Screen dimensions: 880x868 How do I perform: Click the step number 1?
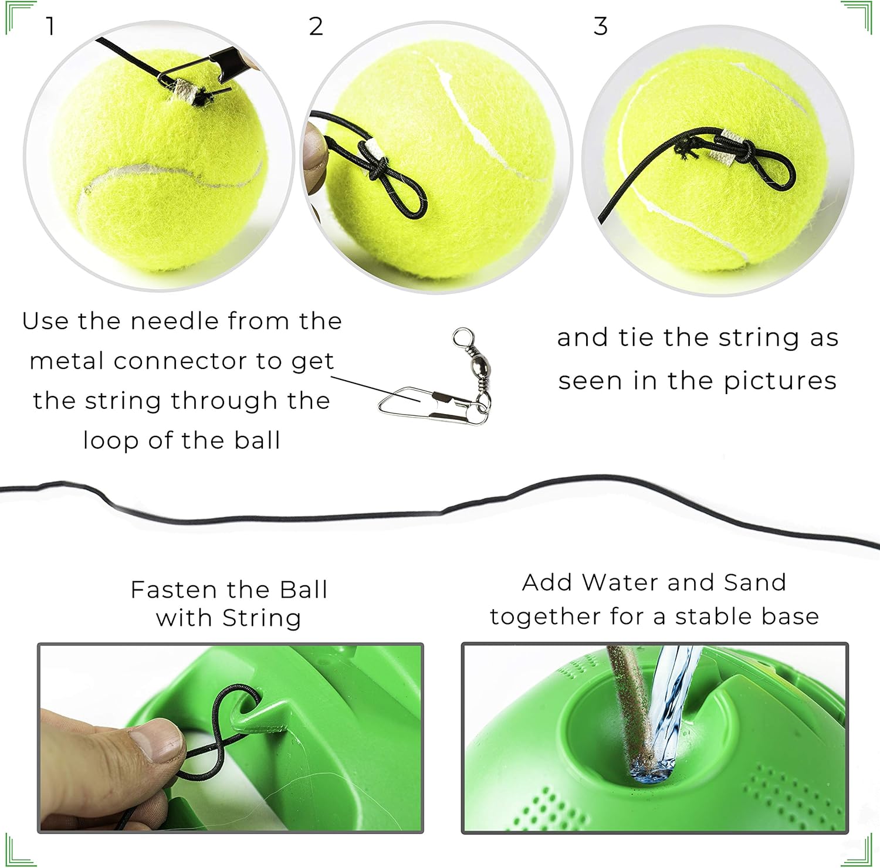pos(50,26)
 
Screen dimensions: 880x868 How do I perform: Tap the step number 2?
pos(316,26)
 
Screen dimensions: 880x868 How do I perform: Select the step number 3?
pos(600,26)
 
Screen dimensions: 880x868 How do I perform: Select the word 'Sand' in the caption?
pos(754,582)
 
